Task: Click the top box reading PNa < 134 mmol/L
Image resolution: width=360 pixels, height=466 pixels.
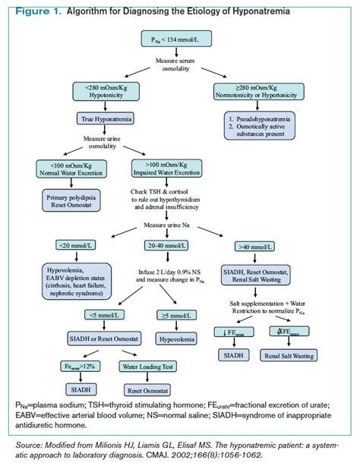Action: (175, 37)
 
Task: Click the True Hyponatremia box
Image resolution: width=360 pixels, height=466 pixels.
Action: (104, 118)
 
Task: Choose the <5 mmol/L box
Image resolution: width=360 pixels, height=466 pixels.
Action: (106, 315)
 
